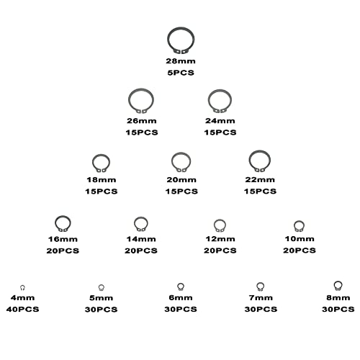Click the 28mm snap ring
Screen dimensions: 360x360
coord(168,40)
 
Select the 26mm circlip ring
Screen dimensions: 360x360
coord(129,100)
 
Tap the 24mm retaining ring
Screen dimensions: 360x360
coord(208,100)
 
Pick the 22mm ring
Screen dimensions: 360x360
coord(249,161)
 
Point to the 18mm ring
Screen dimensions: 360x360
coord(93,163)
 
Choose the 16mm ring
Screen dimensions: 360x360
coord(55,223)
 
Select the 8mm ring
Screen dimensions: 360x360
coord(334,284)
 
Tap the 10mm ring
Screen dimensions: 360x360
coord(294,225)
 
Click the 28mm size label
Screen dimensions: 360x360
coord(181,61)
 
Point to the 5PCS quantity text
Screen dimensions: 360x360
coord(181,73)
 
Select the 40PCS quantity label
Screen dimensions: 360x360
coord(22,309)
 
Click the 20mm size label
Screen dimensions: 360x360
coord(181,180)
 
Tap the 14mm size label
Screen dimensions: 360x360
coord(141,239)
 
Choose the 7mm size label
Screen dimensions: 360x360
coord(261,298)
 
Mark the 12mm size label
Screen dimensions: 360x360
coord(220,239)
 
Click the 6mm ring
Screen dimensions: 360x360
coord(178,286)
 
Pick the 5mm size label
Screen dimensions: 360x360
coord(102,298)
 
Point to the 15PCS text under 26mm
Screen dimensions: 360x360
coord(142,132)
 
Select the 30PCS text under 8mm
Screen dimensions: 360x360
coord(338,309)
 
